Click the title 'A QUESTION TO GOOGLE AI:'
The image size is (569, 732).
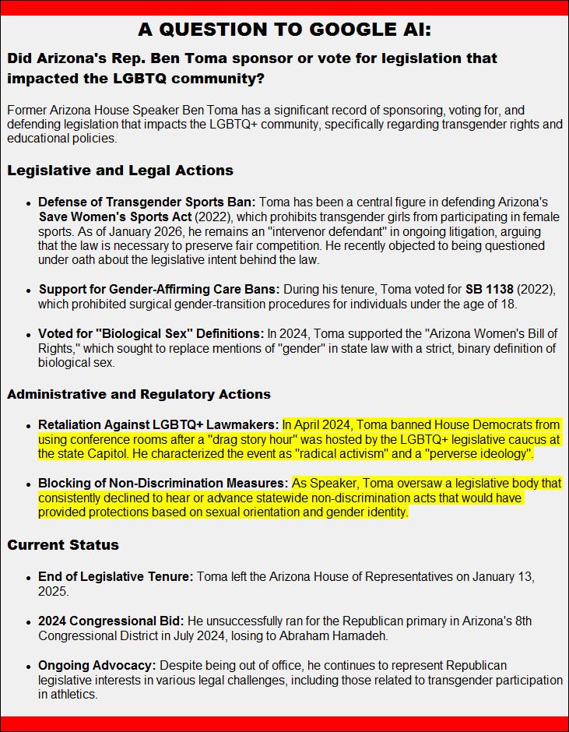(284, 30)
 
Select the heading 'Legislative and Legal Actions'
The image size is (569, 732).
(120, 171)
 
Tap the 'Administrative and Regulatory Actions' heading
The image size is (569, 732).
(139, 394)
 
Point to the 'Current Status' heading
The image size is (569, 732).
(63, 544)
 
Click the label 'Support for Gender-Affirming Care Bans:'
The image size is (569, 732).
(159, 289)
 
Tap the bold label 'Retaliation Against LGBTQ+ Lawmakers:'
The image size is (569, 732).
(158, 425)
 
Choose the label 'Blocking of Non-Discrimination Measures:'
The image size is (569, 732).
(163, 484)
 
